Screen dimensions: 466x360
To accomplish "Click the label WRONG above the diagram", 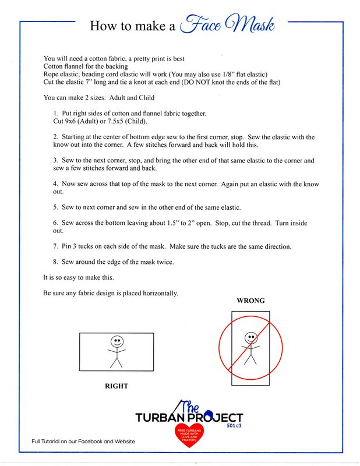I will [250, 301].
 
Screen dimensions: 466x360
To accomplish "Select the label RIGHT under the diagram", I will [116, 386].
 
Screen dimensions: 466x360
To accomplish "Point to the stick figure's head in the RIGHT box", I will [117, 340].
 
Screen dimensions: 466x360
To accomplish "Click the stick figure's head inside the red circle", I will [250, 337].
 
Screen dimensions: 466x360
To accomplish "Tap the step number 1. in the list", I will [55, 112].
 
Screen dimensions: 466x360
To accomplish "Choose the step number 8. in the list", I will [55, 262].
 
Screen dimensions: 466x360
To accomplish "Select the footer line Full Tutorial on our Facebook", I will [83, 441].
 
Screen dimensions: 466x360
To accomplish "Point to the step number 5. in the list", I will [55, 207].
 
